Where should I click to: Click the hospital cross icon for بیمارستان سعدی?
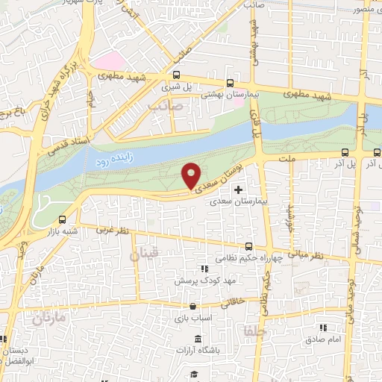pos(238,190)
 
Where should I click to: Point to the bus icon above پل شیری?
pos(177,75)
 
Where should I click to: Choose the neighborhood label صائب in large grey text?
pos(166,107)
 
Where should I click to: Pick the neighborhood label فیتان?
pos(145,255)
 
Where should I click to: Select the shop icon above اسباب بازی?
pos(193,306)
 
